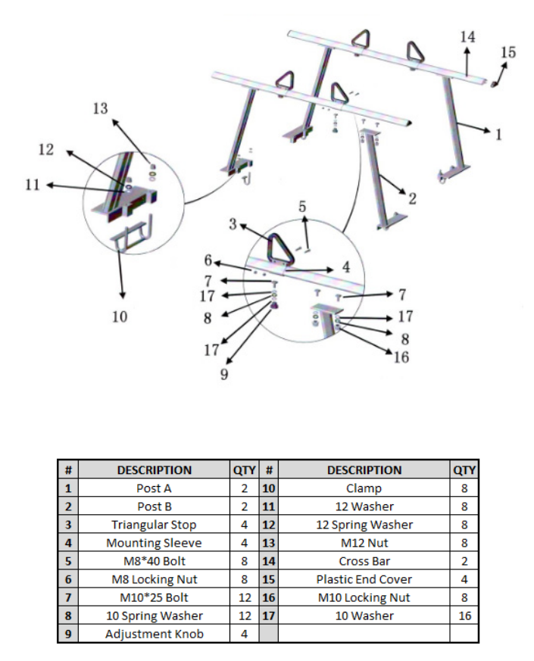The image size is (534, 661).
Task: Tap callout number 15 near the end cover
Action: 507,53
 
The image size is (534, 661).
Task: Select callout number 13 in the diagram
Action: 101,109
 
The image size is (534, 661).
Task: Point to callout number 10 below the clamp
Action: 120,316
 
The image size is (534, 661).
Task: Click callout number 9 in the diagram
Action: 225,374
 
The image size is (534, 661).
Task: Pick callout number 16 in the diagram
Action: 401,357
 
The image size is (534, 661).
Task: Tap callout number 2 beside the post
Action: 412,200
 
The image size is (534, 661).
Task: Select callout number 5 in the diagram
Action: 303,206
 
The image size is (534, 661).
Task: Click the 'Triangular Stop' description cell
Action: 154,525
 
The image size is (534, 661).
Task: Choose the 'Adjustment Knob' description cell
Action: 154,634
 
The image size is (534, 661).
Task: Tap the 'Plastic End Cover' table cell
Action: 364,579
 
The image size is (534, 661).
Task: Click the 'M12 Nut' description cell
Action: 364,543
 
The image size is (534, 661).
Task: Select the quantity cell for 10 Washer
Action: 464,616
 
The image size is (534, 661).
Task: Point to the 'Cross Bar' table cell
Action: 364,561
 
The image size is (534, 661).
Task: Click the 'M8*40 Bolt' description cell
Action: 154,561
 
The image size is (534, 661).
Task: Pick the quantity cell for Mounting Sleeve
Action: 244,543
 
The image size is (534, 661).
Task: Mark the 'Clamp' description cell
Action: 364,488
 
